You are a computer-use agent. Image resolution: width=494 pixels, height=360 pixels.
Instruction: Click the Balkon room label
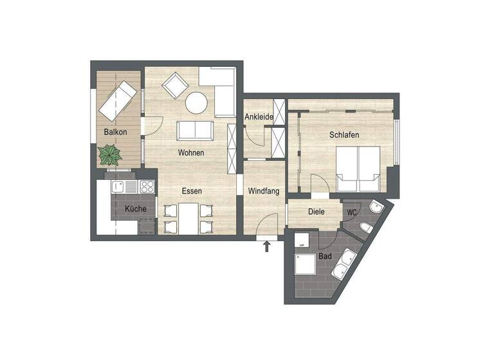coord(115,132)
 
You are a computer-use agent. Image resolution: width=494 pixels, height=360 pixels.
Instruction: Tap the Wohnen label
coord(192,153)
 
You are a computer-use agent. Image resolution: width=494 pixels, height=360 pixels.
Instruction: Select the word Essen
coord(192,191)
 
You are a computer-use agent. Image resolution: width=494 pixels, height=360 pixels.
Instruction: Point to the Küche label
coord(135,209)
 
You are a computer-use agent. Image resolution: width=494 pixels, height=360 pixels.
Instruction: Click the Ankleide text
coord(259,118)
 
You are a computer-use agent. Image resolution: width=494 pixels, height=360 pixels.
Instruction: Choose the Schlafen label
coord(343,136)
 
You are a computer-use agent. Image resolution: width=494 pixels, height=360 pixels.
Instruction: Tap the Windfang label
coord(263,191)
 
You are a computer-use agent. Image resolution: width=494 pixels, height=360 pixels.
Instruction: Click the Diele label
coord(316,212)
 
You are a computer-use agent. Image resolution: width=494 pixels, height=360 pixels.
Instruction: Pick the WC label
coord(352,212)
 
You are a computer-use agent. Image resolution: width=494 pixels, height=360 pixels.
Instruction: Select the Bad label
coord(325,256)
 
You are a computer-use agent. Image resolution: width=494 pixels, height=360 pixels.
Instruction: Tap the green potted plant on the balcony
coord(110,154)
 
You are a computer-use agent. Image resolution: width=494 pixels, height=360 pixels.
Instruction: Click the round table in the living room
coord(196,102)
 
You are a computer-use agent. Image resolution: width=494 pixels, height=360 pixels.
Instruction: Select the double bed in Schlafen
coord(357,168)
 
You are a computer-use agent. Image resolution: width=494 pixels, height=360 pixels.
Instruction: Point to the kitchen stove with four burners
coord(147,187)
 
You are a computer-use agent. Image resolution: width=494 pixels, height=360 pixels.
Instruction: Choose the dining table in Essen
coord(188,219)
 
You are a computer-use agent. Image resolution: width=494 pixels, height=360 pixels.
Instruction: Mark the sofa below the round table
coord(194,130)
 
